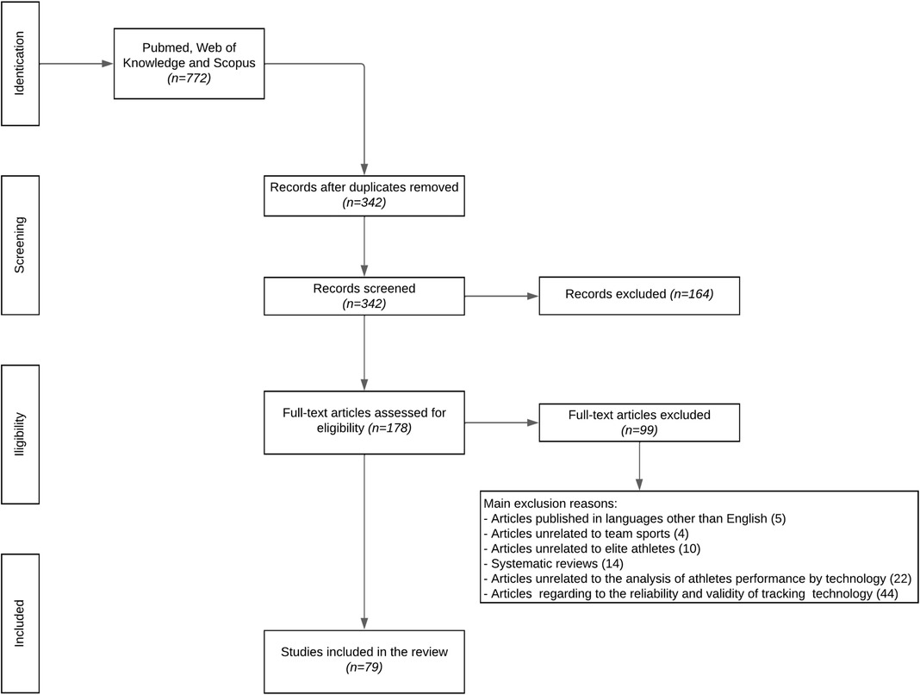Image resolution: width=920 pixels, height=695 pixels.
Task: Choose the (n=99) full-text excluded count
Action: point(637,430)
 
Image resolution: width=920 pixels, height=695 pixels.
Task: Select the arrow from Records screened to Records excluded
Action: point(501,295)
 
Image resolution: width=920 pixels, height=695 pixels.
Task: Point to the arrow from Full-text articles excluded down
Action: point(638,470)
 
